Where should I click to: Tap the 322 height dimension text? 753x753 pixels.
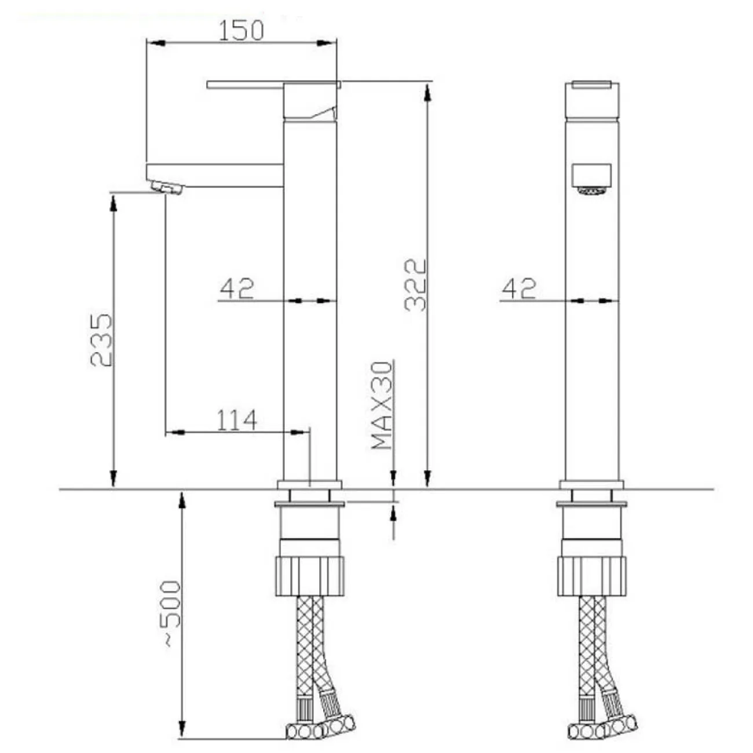click(x=415, y=285)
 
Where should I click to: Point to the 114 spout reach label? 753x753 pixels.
click(x=237, y=420)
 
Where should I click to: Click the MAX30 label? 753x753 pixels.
click(x=381, y=405)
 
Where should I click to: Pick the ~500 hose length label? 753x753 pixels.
click(x=172, y=614)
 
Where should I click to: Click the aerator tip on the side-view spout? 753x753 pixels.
click(x=167, y=188)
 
